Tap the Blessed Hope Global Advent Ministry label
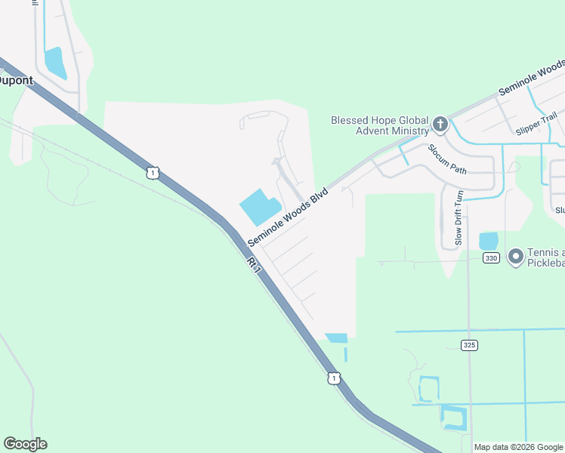coord(379,125)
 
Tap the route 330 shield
coord(492,258)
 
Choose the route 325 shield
coord(469,344)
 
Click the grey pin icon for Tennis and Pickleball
coord(516,257)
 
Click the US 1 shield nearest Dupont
coord(153,173)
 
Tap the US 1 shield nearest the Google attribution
coord(332,377)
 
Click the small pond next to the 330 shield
coord(489,241)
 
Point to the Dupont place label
coord(15,80)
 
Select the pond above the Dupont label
coord(55,63)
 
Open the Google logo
coord(25,444)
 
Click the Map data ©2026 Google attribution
coord(518,447)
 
